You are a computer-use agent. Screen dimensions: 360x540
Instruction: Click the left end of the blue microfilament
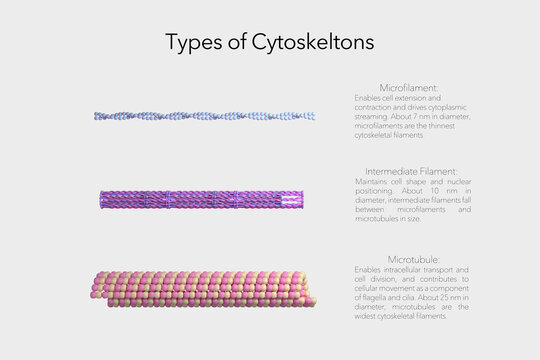(x=97, y=116)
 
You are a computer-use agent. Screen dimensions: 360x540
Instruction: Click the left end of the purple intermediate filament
(x=103, y=199)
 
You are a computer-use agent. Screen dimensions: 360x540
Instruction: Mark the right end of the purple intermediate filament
(x=301, y=199)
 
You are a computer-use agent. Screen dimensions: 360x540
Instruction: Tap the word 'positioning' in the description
(x=374, y=189)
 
